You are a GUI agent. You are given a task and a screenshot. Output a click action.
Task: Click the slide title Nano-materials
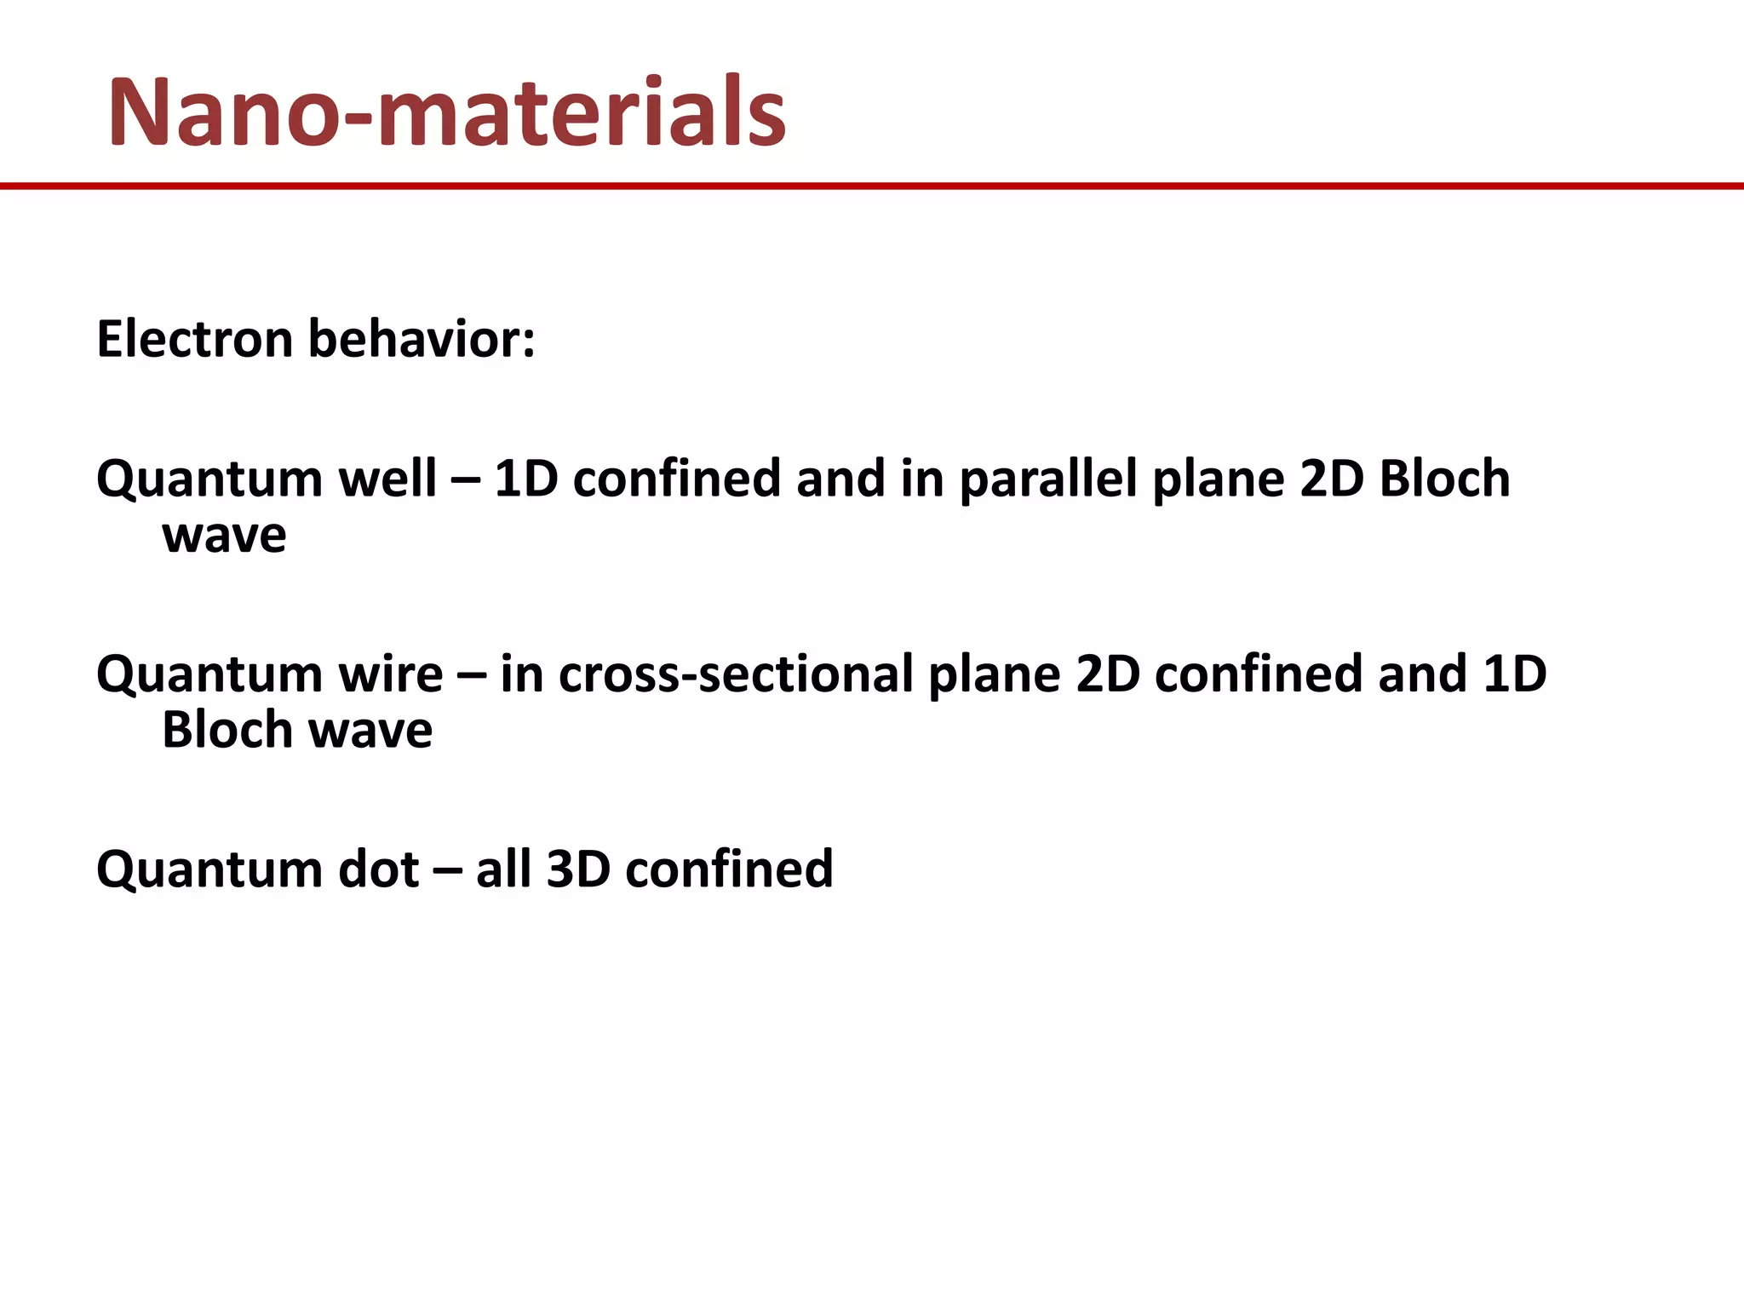[x=446, y=112]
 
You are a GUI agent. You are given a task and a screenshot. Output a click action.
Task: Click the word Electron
[x=195, y=339]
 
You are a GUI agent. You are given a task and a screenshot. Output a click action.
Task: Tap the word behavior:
[x=422, y=339]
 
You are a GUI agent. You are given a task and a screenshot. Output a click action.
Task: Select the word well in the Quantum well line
[x=387, y=478]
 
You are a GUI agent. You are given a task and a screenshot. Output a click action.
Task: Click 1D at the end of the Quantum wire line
[x=1514, y=674]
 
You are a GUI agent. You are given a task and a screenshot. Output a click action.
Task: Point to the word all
[x=503, y=869]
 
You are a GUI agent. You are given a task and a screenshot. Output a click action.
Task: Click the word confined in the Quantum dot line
[x=729, y=869]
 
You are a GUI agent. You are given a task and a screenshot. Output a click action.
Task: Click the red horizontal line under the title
[x=872, y=186]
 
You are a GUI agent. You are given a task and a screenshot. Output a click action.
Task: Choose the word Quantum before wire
[x=209, y=675]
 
